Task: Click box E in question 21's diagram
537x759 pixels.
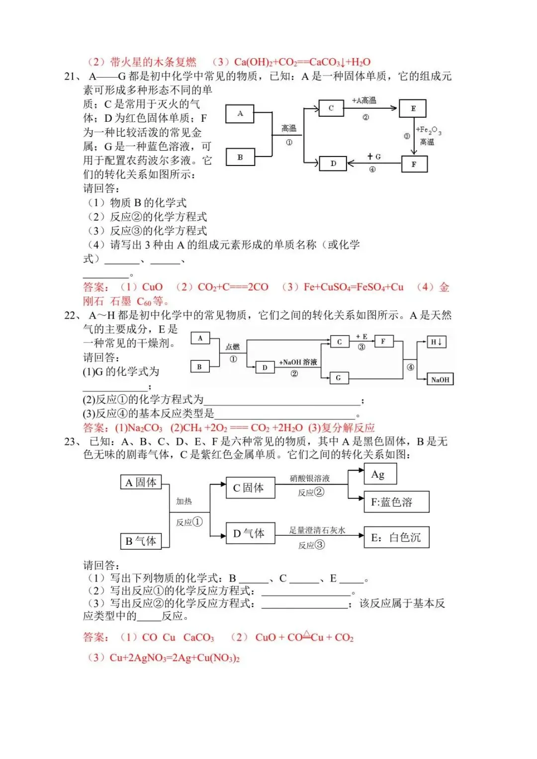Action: (x=413, y=108)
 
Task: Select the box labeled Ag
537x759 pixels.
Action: (x=380, y=474)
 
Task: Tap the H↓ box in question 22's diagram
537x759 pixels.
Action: (x=437, y=341)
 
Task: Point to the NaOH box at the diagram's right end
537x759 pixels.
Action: (x=440, y=379)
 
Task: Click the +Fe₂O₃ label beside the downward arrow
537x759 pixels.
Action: (x=428, y=130)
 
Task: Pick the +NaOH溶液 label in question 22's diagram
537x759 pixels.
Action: (x=298, y=362)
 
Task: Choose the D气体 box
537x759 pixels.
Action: (x=250, y=533)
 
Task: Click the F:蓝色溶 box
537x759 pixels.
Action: (x=396, y=502)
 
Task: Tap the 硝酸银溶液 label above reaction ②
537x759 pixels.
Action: (x=310, y=478)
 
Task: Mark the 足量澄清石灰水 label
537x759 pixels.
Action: (x=317, y=530)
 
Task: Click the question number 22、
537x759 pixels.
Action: (x=73, y=315)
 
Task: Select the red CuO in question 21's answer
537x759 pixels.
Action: (x=152, y=287)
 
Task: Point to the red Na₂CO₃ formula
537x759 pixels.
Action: (x=145, y=427)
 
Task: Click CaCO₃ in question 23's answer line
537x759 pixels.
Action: (x=198, y=637)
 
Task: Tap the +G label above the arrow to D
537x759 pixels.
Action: (x=374, y=157)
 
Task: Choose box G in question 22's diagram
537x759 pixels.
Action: (x=338, y=378)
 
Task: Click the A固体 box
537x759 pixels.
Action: (x=141, y=482)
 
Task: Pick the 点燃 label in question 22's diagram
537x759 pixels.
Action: (x=232, y=346)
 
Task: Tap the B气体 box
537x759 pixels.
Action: (x=141, y=541)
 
